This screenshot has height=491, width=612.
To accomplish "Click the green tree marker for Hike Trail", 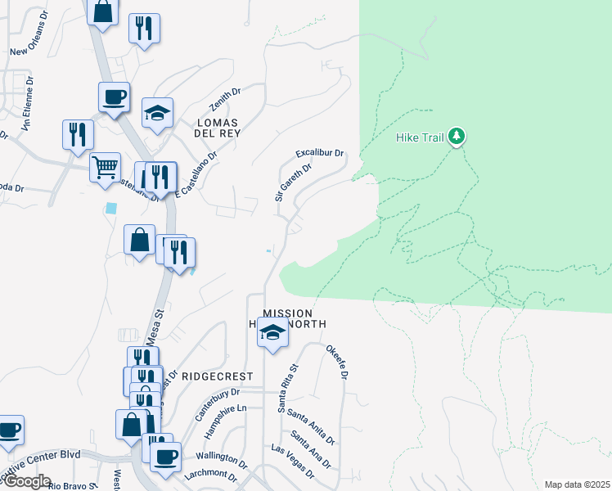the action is (x=457, y=137).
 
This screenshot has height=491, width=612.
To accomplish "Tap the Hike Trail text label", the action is (x=420, y=137).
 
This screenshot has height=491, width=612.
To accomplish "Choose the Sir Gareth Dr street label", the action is (x=293, y=182).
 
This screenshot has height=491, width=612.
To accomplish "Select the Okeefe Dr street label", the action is (x=337, y=363).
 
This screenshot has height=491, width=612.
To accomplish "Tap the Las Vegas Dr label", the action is (x=292, y=461).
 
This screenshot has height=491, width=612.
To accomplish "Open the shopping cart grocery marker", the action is (x=105, y=168).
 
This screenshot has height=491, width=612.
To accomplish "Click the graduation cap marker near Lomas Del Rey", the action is (x=157, y=113).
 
